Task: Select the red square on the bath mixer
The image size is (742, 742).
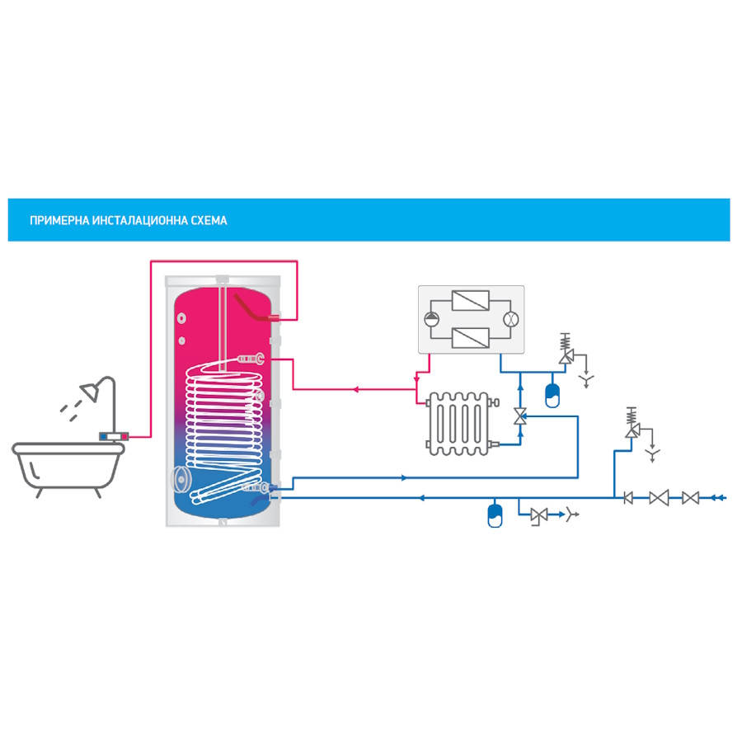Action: [124, 436]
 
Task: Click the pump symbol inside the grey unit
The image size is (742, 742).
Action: [432, 319]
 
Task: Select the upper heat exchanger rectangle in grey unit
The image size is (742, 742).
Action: [472, 300]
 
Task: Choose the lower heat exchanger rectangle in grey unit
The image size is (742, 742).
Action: [472, 337]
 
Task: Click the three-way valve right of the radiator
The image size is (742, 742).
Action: [520, 416]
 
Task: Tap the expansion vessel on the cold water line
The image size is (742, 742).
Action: [495, 513]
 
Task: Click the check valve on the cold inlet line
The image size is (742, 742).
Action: [627, 497]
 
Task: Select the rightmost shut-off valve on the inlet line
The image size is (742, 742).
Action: [690, 497]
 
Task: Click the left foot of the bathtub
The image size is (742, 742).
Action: [39, 493]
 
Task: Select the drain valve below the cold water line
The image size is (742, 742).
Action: [539, 515]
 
